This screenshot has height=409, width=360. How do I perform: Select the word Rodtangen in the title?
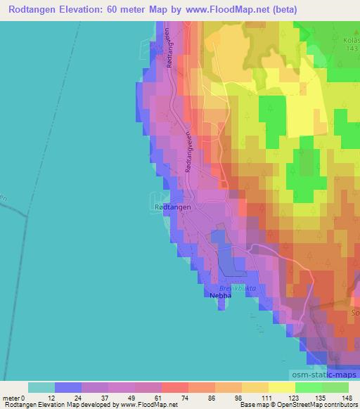click(37, 10)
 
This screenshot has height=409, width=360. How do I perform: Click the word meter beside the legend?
click(12, 398)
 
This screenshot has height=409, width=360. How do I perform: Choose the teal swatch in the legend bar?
click(41, 387)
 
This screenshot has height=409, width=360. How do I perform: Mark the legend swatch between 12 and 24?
click(68, 387)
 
